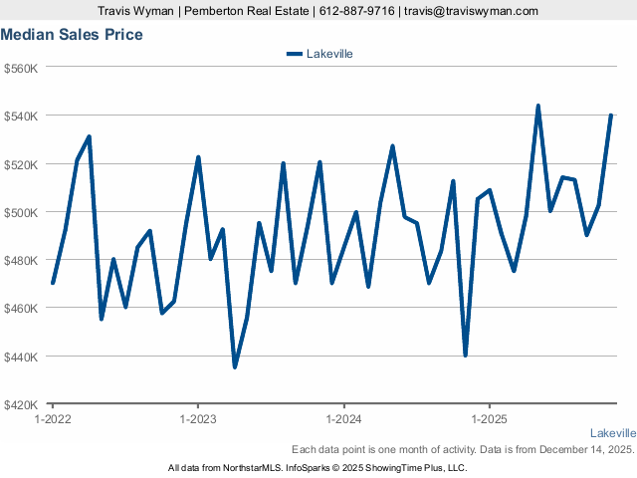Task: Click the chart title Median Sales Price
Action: point(72,35)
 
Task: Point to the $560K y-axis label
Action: point(21,68)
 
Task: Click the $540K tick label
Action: point(21,116)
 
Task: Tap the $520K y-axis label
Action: point(21,164)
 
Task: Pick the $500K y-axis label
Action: point(21,212)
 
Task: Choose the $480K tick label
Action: point(21,260)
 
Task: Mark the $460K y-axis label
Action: point(21,308)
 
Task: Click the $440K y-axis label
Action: point(21,357)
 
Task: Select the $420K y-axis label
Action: point(21,404)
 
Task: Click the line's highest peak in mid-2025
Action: point(537,106)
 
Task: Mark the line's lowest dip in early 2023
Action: point(235,366)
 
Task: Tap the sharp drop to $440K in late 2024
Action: point(465,355)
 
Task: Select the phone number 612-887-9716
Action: point(355,11)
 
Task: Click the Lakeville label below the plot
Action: point(612,433)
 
